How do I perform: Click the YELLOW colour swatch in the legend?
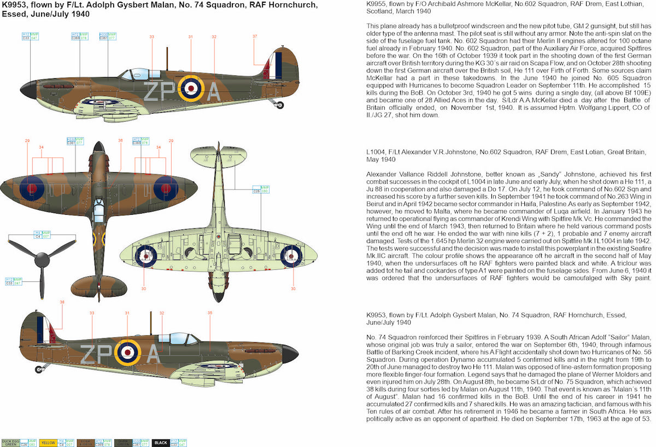point(48,443)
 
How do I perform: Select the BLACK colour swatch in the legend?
point(161,443)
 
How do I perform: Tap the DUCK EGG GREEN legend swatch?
point(9,443)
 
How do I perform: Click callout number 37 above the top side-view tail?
point(255,36)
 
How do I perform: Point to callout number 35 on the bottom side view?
point(210,313)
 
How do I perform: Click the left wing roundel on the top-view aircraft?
point(32,188)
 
